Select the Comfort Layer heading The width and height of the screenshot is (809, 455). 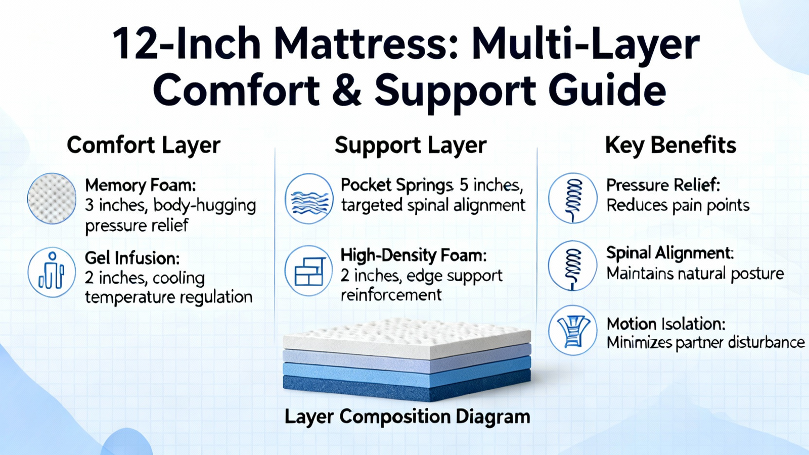(x=144, y=146)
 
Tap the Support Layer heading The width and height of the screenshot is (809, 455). (x=410, y=146)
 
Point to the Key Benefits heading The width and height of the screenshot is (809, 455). (x=670, y=146)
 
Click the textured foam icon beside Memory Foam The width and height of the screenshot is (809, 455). (x=52, y=198)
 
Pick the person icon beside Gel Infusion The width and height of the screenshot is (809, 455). (x=52, y=271)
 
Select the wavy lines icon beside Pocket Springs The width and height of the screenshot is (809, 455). (x=309, y=198)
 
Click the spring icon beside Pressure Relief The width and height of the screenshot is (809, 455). (x=573, y=198)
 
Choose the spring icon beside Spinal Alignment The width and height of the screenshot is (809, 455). (x=573, y=266)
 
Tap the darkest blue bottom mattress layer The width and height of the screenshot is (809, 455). (x=407, y=388)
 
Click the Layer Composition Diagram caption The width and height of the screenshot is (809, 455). (x=408, y=417)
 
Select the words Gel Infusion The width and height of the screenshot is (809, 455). (x=132, y=258)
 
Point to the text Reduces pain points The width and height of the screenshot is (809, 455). (x=678, y=206)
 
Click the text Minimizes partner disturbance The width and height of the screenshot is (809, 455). (x=706, y=342)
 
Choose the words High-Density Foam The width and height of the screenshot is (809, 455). (x=414, y=256)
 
